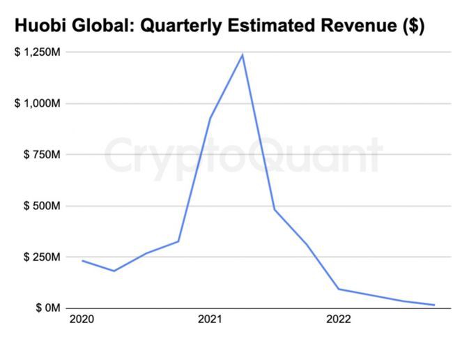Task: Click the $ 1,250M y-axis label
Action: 38,52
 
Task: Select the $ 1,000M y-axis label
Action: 38,103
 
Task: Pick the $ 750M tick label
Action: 43,155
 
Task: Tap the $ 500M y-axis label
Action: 43,206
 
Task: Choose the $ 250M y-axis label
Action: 43,257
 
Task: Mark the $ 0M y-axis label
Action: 48,308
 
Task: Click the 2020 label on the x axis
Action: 82,320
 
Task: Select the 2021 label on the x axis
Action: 210,320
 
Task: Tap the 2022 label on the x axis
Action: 339,320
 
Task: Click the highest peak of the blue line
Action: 243,54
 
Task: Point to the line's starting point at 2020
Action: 82,261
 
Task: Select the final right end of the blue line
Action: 435,305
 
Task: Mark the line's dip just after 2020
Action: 114,271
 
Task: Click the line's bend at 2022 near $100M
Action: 339,289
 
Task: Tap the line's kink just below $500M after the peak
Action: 275,209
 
